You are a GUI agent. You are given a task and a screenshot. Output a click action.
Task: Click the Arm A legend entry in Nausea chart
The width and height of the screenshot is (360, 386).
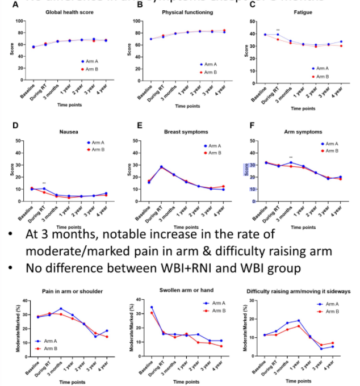95,144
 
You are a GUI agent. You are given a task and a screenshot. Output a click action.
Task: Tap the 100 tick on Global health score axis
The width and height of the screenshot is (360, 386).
19,21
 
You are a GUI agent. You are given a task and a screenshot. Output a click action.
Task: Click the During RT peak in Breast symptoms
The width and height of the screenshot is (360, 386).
161,167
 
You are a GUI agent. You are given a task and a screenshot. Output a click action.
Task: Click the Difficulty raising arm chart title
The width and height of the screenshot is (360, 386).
298,291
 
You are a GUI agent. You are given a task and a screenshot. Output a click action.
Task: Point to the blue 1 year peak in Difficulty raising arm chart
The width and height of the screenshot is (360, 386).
298,321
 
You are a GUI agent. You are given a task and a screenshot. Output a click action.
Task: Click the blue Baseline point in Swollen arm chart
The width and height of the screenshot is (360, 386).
152,307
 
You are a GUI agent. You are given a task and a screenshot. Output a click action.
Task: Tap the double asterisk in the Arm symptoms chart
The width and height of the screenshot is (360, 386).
291,157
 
